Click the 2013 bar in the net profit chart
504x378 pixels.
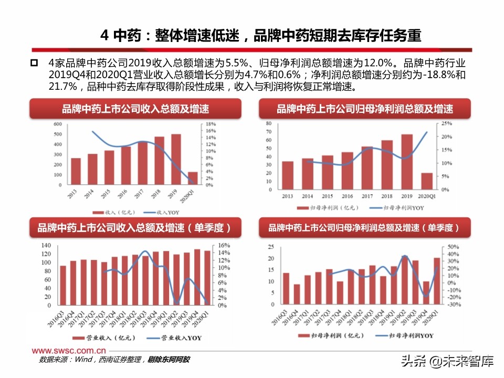[288, 176]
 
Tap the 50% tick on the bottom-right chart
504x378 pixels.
[439, 247]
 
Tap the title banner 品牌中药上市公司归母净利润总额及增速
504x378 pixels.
[365, 109]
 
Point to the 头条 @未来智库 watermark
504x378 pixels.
[447, 361]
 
